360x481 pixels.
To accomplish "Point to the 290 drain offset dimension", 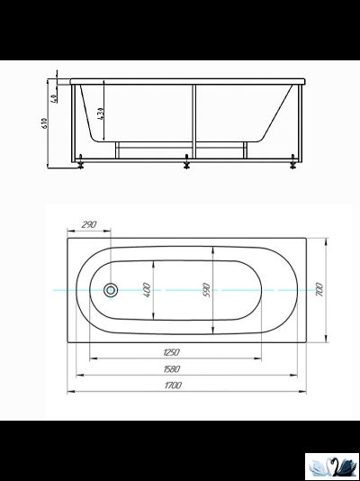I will coord(88,224).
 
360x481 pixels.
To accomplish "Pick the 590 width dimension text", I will coord(206,290).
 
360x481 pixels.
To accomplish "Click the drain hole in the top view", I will coord(111,290).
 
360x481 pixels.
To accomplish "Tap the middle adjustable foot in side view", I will coord(186,164).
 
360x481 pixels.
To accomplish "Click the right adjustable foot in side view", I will coord(292,164).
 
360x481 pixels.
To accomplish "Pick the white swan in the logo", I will coord(321,466).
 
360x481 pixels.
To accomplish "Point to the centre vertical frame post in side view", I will coord(192,122).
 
